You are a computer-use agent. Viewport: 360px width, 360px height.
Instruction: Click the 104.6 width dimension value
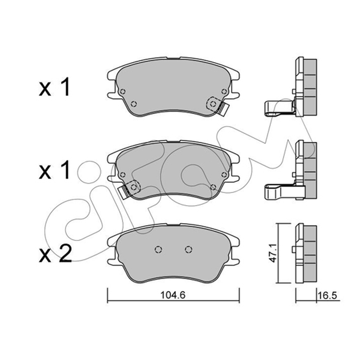tap(173, 295)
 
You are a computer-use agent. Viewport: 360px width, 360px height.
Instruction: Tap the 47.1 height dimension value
tap(274, 253)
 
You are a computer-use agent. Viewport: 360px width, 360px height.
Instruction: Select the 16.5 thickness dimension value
tap(327, 296)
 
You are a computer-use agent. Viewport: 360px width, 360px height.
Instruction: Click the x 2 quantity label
tap(55, 254)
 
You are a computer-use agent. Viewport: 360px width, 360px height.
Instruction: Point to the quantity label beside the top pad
tap(54, 87)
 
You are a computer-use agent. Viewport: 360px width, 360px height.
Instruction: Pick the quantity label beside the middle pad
tap(54, 170)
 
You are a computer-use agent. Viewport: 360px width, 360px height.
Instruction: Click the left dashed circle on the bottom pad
tap(158, 249)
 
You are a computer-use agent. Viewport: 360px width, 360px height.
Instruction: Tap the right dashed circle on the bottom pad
tap(189, 249)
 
